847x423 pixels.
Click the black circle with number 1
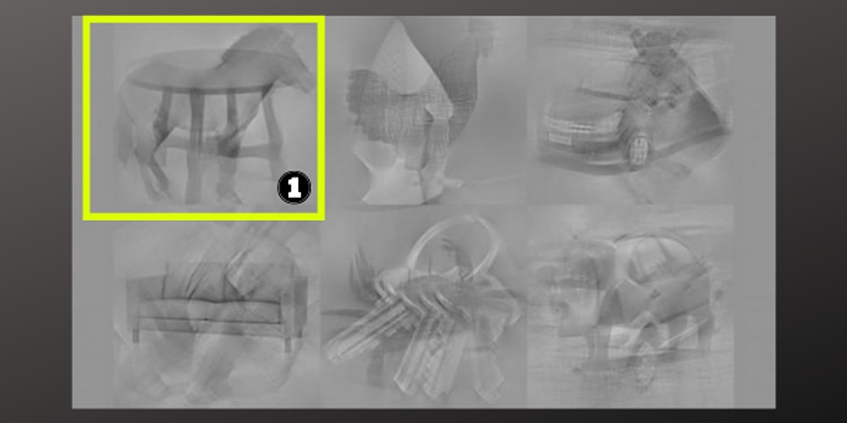point(294,188)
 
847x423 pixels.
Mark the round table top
point(200,71)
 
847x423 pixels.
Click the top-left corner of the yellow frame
point(83,17)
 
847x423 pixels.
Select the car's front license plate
point(560,138)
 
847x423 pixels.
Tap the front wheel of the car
point(639,150)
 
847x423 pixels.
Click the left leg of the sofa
point(135,335)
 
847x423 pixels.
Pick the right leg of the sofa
point(289,344)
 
